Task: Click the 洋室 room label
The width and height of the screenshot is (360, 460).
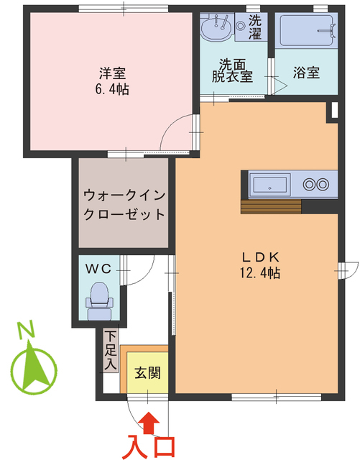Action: (x=112, y=73)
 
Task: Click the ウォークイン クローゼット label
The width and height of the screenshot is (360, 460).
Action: (x=123, y=205)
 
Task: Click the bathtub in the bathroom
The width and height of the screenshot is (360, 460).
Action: (x=306, y=30)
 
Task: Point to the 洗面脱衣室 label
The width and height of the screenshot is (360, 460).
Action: (x=231, y=70)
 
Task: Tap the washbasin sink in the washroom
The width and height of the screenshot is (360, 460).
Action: (x=216, y=29)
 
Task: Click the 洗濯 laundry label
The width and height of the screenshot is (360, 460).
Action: (x=255, y=26)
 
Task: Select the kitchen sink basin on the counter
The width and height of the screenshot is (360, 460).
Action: (x=270, y=184)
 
